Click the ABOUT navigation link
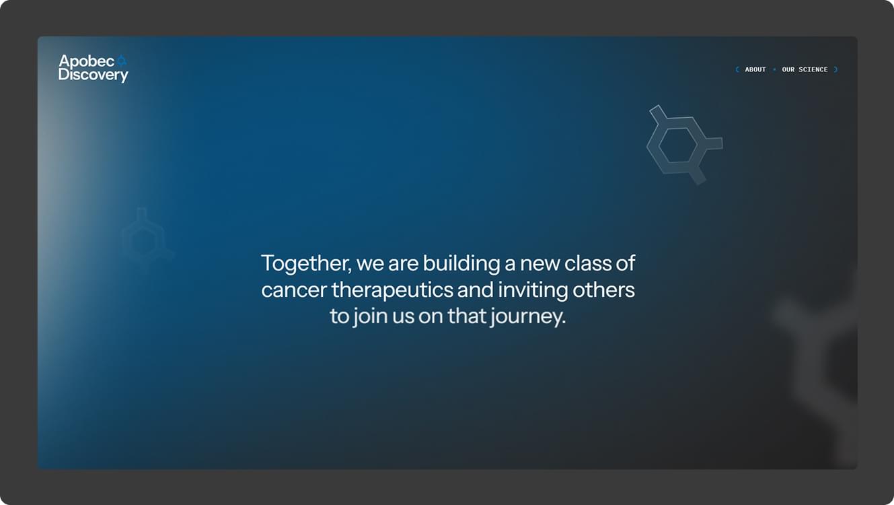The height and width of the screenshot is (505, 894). pyautogui.click(x=755, y=69)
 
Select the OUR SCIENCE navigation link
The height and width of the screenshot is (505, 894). pyautogui.click(x=805, y=69)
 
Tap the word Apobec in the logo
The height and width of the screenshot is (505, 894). pyautogui.click(x=87, y=61)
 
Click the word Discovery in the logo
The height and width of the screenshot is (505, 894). pyautogui.click(x=94, y=75)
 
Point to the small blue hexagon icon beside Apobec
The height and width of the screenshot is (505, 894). pyautogui.click(x=122, y=61)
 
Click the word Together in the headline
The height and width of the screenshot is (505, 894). pyautogui.click(x=306, y=264)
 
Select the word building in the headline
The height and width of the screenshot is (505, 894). pyautogui.click(x=461, y=264)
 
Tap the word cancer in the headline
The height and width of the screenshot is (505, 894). pyautogui.click(x=294, y=290)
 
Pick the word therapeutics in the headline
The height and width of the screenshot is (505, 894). pyautogui.click(x=392, y=290)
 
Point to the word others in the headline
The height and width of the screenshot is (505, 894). pyautogui.click(x=603, y=290)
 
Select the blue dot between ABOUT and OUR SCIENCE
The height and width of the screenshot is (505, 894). pyautogui.click(x=774, y=69)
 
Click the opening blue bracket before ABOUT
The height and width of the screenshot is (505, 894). pyautogui.click(x=737, y=69)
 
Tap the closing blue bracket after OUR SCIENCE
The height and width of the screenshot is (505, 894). pyautogui.click(x=835, y=69)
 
